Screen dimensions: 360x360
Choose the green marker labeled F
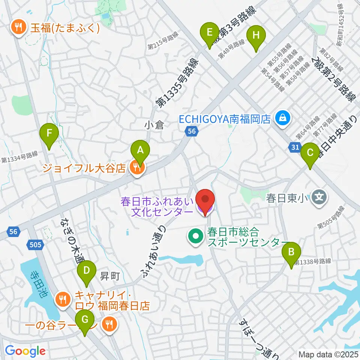[x=49, y=133]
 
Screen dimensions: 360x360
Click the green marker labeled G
[x=85, y=320]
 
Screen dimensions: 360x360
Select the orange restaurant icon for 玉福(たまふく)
[x=18, y=28]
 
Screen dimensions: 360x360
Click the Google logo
[x=25, y=351]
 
